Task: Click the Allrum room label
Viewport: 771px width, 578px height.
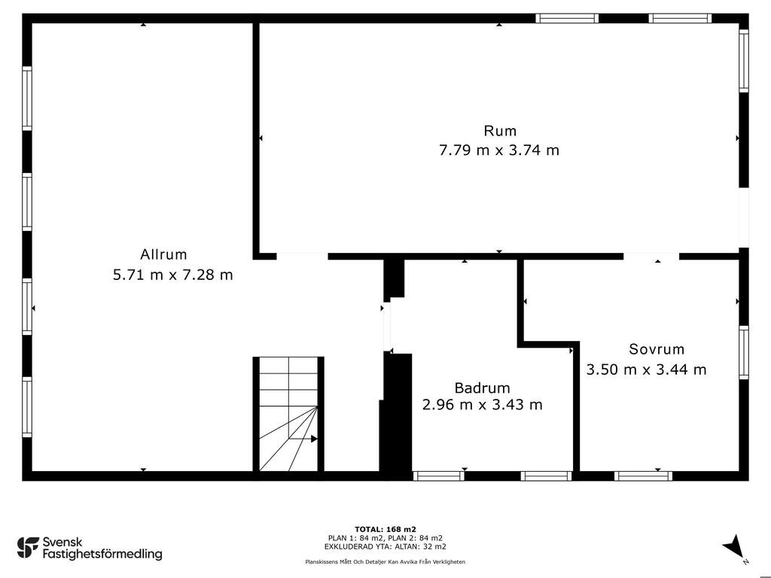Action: click(163, 254)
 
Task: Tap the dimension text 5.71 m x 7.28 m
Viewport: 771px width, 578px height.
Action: click(173, 274)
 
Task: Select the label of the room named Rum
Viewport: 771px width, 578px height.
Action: click(500, 131)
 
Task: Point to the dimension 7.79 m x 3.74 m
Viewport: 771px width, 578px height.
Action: click(499, 150)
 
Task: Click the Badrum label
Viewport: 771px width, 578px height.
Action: click(483, 388)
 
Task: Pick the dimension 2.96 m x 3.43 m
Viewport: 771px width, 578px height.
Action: click(483, 404)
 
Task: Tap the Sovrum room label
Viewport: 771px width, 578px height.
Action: click(657, 349)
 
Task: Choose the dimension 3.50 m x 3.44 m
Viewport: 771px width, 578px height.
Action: click(647, 369)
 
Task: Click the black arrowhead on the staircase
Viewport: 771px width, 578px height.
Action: click(314, 439)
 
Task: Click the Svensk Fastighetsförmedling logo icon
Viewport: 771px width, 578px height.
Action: click(28, 548)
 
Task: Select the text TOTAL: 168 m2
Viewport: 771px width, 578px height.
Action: click(385, 529)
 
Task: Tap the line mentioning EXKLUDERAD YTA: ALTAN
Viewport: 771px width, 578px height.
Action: click(385, 546)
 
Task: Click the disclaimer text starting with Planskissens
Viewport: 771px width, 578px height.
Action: click(385, 561)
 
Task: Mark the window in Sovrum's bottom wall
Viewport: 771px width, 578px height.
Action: click(643, 476)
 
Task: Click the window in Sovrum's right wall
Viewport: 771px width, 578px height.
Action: click(744, 352)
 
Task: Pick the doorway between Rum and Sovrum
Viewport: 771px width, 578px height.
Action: click(651, 256)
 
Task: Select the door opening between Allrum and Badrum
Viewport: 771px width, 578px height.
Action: click(387, 327)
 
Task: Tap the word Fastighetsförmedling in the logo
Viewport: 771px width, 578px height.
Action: click(102, 554)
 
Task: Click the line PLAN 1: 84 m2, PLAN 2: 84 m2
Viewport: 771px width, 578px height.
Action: click(385, 538)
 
